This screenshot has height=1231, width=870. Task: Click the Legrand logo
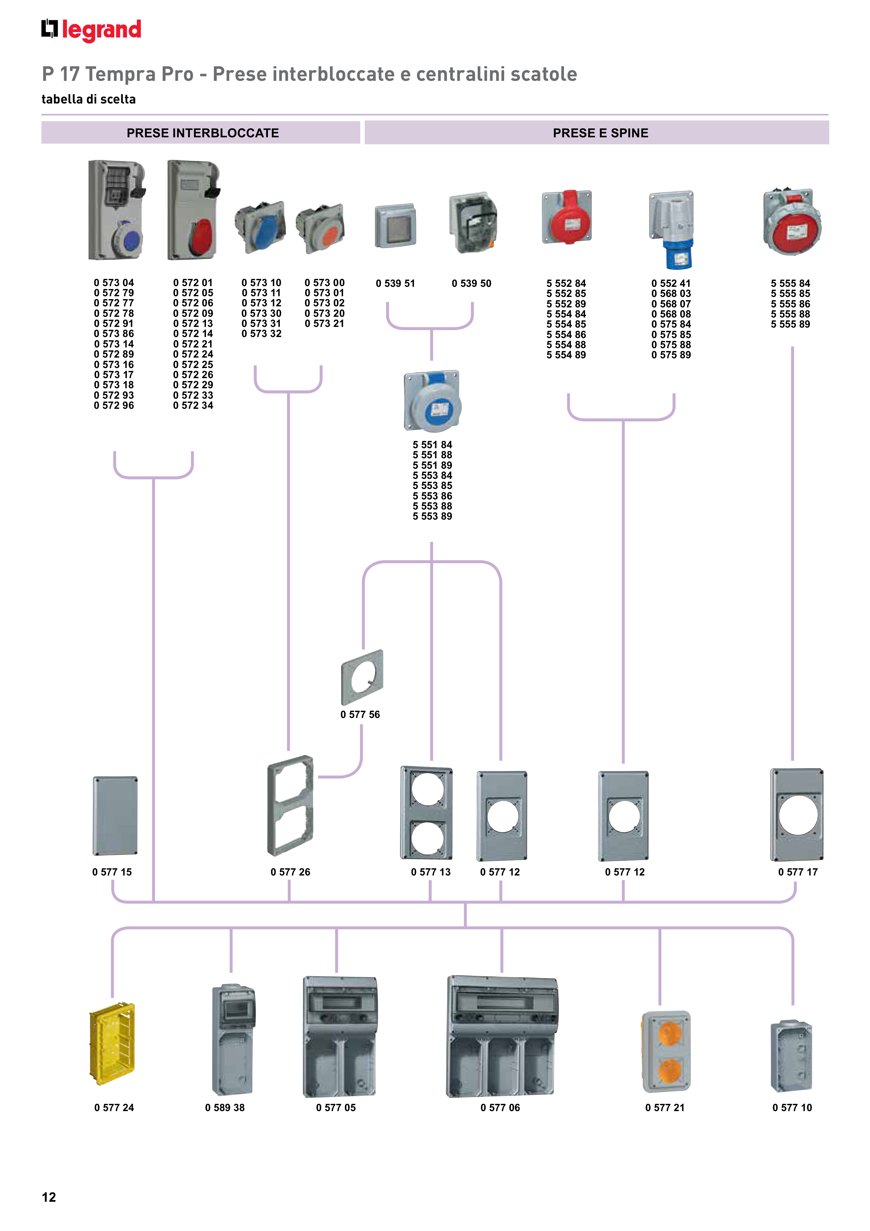pos(91,30)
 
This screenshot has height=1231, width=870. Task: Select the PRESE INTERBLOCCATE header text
pos(203,133)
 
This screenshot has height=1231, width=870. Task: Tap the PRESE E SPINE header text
pos(600,133)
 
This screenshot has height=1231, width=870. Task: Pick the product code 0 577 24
pos(114,1108)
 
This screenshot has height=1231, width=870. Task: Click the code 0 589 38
pos(225,1108)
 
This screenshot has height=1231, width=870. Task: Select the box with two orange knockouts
pos(666,1051)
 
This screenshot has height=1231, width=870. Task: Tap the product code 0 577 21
pos(665,1108)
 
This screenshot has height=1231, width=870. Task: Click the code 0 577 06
pos(500,1108)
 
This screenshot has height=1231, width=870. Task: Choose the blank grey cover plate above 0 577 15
pos(115,816)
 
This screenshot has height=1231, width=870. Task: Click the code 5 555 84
pos(790,283)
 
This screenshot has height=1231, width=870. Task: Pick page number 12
pos(49,1197)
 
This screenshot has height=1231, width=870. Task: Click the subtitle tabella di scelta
pos(88,99)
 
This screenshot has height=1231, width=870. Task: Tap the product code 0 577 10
pos(792,1108)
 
